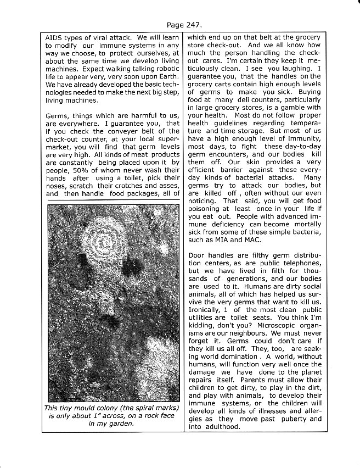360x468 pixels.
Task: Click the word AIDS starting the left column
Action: (x=55, y=37)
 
